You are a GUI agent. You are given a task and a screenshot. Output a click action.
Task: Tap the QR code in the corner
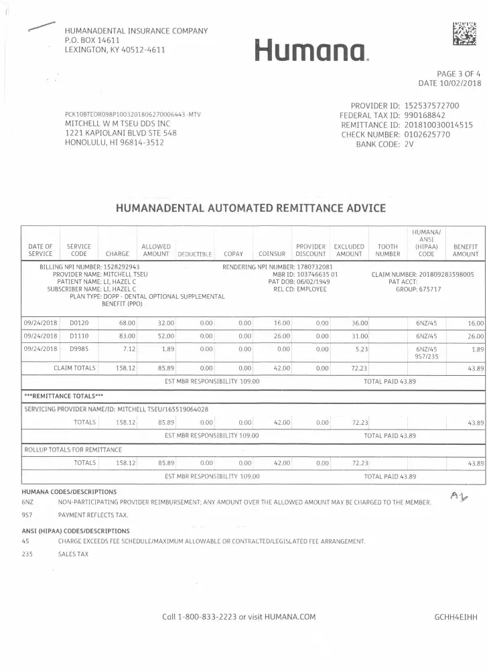coord(465,33)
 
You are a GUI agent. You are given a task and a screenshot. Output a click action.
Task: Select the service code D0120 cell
coord(79,322)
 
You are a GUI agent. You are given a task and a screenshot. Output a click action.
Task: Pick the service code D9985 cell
coord(79,349)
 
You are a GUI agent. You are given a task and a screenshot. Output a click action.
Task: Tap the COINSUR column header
coord(272,255)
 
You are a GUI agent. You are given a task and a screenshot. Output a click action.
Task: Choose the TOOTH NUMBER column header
coord(388,251)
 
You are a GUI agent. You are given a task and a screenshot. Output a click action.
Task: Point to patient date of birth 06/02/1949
coord(315,281)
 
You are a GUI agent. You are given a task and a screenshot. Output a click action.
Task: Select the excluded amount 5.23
coord(360,349)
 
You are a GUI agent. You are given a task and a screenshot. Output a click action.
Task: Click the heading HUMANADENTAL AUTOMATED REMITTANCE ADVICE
coord(251,208)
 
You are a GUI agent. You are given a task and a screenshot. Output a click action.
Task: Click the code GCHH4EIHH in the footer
coord(456,616)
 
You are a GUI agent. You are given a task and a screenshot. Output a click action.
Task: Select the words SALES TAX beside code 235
coord(73,554)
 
